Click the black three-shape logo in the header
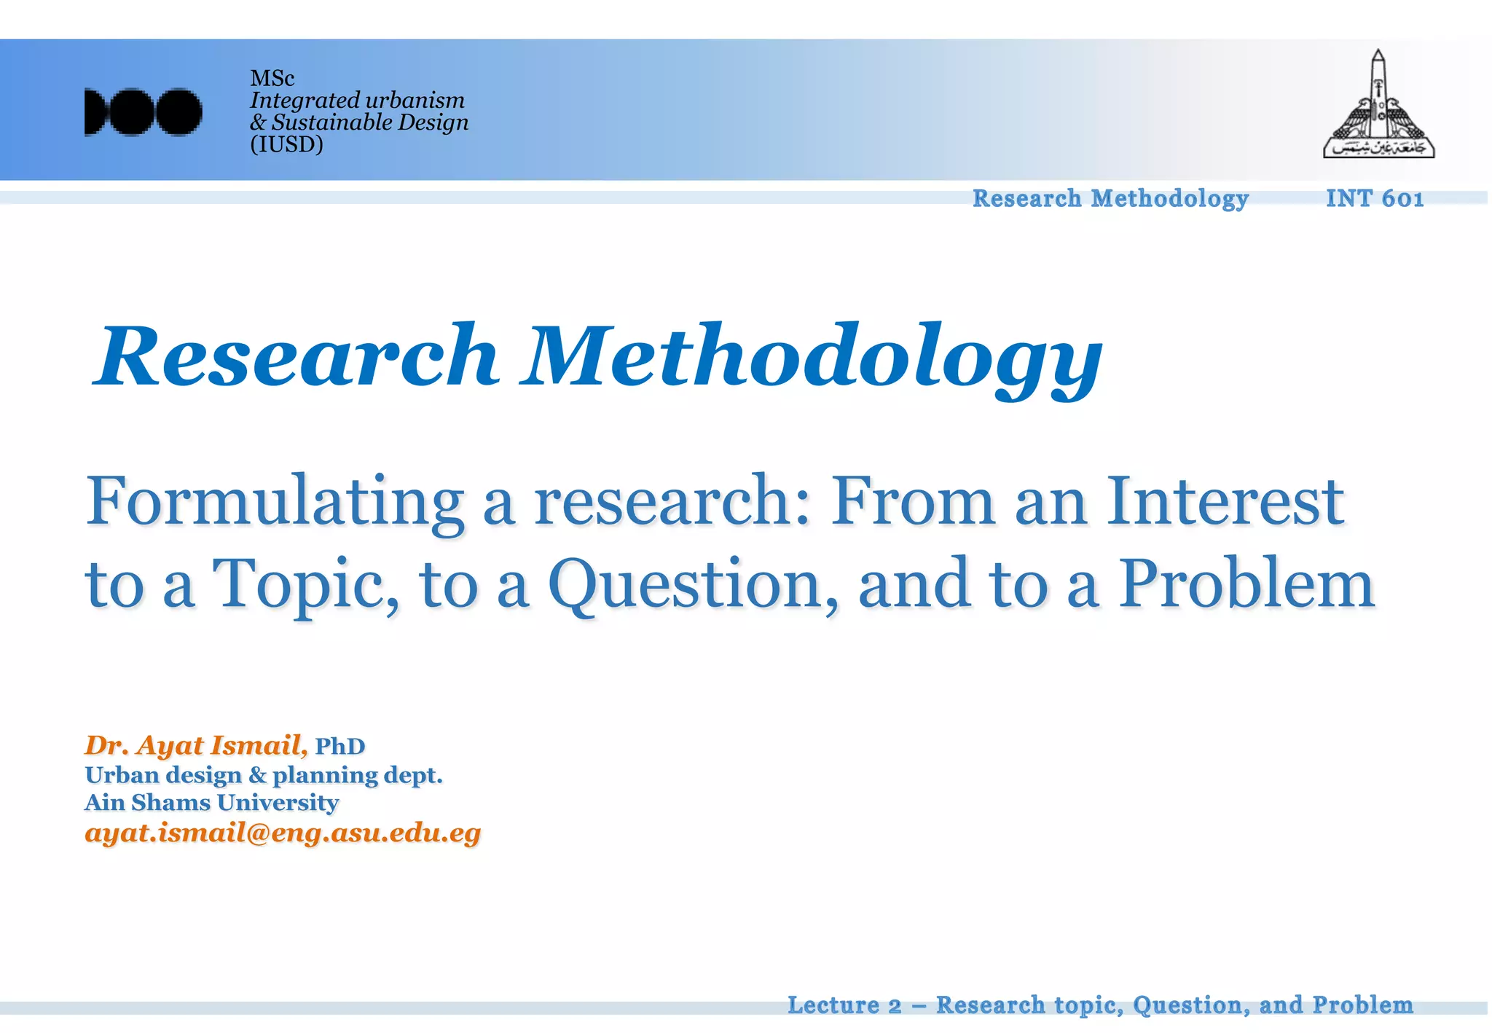click(x=143, y=112)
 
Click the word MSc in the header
click(x=272, y=78)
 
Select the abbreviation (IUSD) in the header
click(x=286, y=144)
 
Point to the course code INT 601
click(x=1374, y=198)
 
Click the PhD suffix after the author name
click(x=339, y=747)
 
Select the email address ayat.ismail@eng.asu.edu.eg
click(x=283, y=833)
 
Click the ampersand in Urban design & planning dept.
click(x=257, y=775)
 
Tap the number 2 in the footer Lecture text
click(x=895, y=1006)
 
